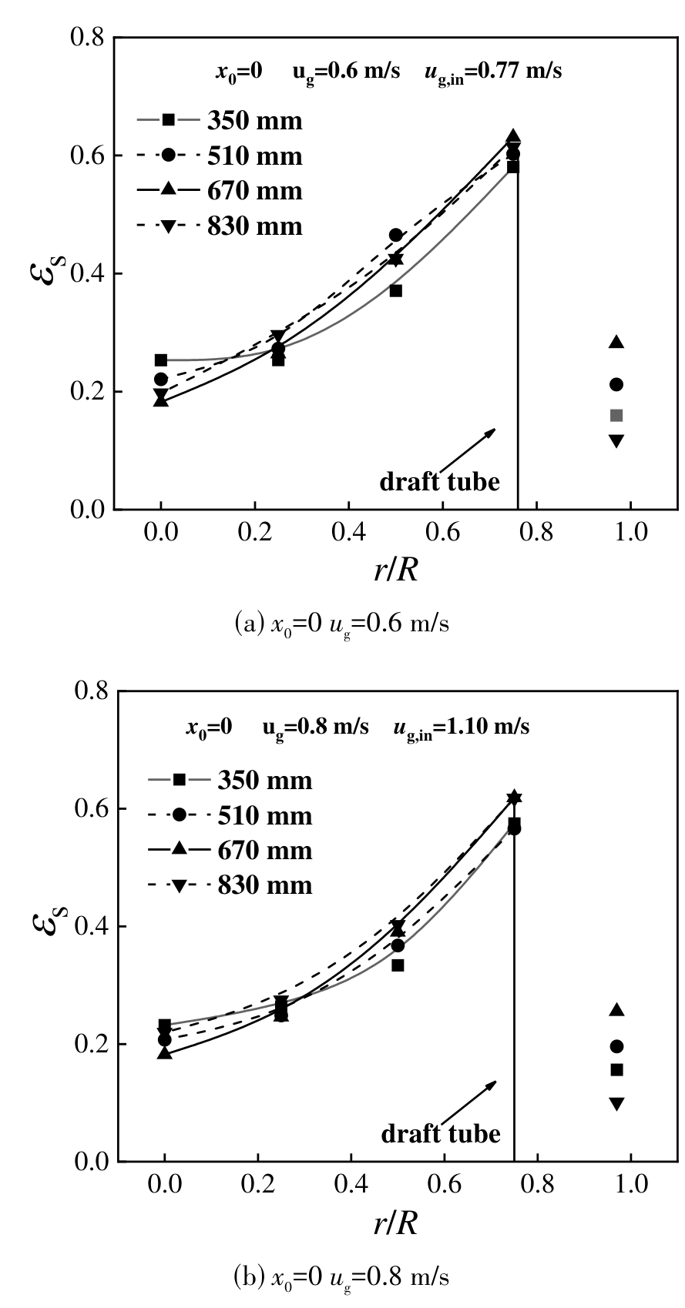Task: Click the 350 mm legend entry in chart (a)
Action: click(220, 121)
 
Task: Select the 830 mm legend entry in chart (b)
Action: click(230, 885)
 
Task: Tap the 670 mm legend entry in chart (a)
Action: click(220, 191)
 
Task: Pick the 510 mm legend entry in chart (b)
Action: click(230, 815)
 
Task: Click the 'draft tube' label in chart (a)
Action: click(439, 483)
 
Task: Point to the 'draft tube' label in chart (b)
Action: click(440, 1134)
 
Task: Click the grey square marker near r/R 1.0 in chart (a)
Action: click(616, 416)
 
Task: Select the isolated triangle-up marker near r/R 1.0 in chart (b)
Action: click(616, 1010)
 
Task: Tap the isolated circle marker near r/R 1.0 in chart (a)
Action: click(616, 384)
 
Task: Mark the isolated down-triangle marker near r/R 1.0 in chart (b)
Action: click(616, 1104)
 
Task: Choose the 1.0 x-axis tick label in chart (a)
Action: click(631, 533)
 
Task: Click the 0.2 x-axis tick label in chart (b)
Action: click(258, 1185)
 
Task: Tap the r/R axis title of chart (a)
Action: click(396, 570)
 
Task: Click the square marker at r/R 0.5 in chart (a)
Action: click(396, 291)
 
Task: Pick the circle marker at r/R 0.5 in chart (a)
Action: click(396, 235)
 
